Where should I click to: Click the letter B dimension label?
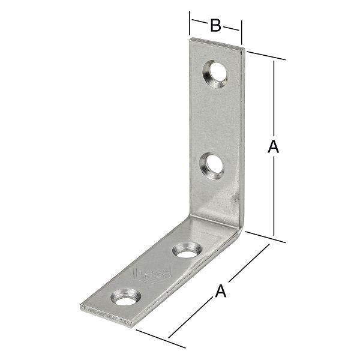tap(216, 25)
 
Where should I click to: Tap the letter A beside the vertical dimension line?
tap(274, 146)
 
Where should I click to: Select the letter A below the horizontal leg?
tap(221, 292)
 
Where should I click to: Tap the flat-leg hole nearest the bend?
tap(185, 249)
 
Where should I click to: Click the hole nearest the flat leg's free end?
tap(122, 297)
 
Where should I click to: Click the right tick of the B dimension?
tap(241, 29)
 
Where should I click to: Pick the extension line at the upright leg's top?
tap(264, 56)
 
